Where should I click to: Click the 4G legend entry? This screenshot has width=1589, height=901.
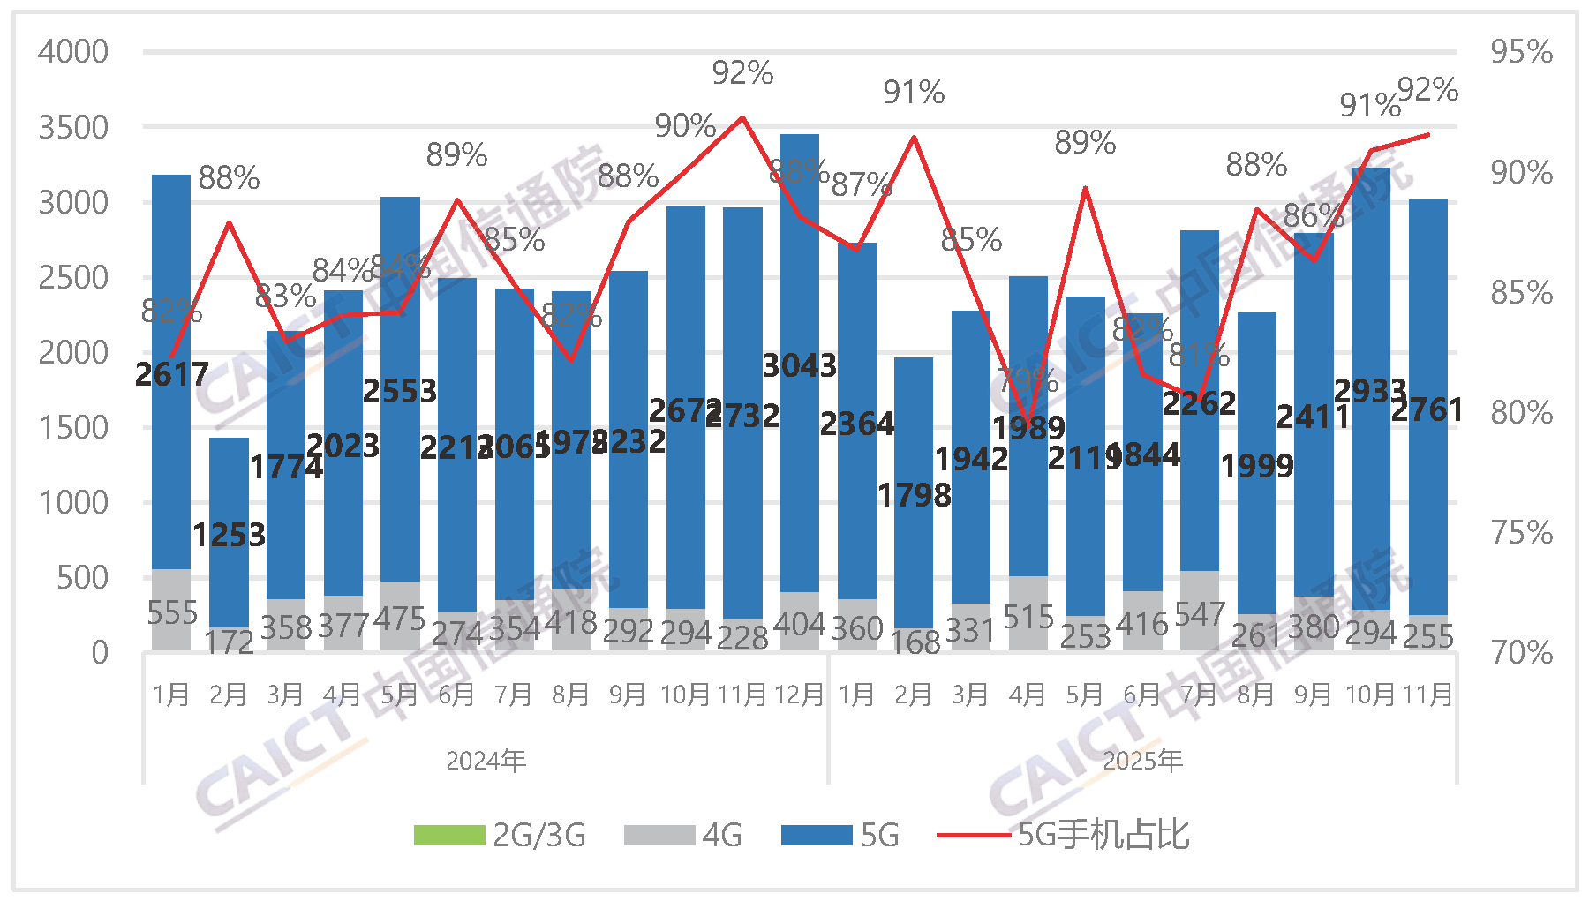pos(683,835)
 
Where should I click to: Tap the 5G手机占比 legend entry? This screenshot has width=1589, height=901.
pos(1064,835)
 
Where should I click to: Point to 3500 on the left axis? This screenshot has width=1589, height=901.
pos(73,128)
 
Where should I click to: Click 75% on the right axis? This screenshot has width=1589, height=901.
pos(1521,533)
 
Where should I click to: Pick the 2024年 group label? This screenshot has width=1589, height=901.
pos(486,761)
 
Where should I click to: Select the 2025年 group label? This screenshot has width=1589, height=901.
pos(1142,761)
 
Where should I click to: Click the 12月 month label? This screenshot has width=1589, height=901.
pos(799,695)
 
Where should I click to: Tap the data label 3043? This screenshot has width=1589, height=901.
pos(799,365)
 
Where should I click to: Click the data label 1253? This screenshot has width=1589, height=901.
pos(229,535)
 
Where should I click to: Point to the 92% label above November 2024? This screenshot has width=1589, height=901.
pos(742,73)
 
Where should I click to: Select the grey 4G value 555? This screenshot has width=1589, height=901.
pos(172,612)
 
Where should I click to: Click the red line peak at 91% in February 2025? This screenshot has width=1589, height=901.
pos(914,137)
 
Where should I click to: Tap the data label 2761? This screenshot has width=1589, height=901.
pos(1427,410)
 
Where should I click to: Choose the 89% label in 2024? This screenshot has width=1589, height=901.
pos(456,155)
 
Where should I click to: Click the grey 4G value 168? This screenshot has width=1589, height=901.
pos(915,642)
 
